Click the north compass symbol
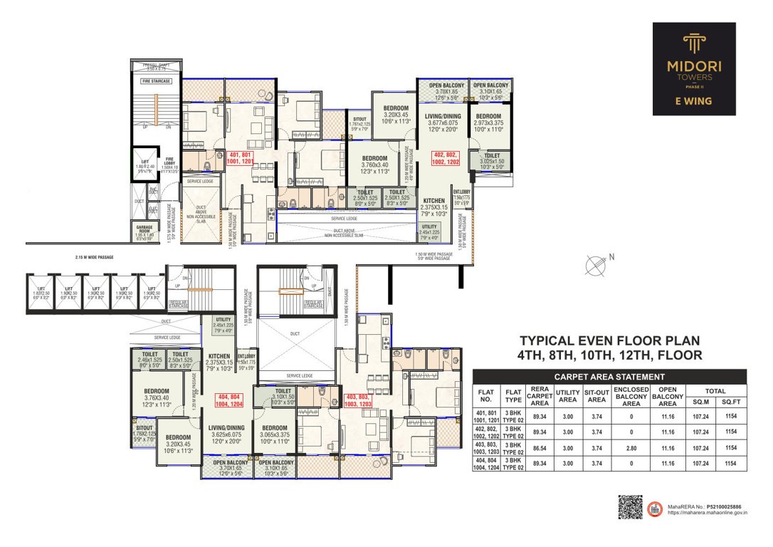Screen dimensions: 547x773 pyautogui.click(x=595, y=265)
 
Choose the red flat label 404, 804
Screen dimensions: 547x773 pyautogui.click(x=226, y=400)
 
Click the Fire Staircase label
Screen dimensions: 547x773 pyautogui.click(x=154, y=81)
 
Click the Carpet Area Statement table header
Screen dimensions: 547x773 pyautogui.click(x=609, y=377)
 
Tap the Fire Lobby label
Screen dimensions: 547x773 pyautogui.click(x=169, y=163)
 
